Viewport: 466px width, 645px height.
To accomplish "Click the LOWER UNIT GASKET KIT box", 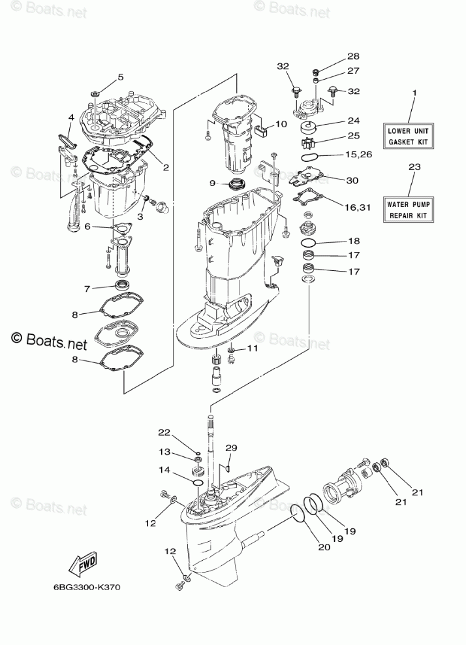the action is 408,136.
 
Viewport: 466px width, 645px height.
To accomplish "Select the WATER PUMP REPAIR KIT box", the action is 408,210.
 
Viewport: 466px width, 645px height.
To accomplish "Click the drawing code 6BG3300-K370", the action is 87,587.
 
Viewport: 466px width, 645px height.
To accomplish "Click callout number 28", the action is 353,56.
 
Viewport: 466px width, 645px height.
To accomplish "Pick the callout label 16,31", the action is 358,208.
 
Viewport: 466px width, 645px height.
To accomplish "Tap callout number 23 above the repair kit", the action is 414,166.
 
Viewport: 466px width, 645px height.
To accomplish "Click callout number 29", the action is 232,448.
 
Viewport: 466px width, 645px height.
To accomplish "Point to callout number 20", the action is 324,546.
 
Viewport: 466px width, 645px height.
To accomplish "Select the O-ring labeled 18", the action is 311,242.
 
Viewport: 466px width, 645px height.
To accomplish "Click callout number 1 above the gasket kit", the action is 414,93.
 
